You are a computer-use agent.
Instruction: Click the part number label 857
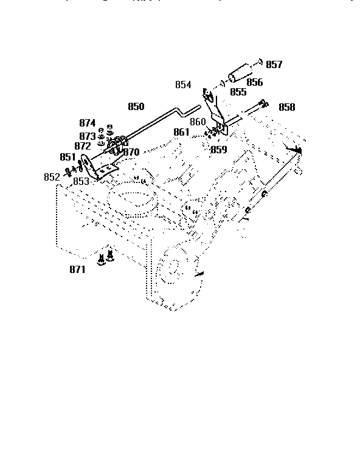click(x=274, y=64)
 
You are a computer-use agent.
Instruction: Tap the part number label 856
click(x=255, y=82)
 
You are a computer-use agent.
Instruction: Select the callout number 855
click(x=238, y=92)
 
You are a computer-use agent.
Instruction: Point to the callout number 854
click(x=183, y=85)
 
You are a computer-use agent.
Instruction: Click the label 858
click(x=287, y=107)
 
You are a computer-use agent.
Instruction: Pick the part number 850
click(x=136, y=106)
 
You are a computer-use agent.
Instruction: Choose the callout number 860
click(x=198, y=122)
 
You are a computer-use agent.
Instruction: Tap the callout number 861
click(x=181, y=132)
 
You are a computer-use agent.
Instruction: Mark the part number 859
click(x=218, y=149)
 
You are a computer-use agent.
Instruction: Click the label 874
click(x=88, y=123)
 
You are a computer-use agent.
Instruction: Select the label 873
click(x=87, y=136)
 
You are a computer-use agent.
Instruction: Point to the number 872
click(x=83, y=146)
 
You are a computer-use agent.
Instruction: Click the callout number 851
click(x=67, y=156)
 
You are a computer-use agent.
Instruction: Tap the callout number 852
click(x=52, y=176)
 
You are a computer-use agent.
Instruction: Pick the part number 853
click(x=81, y=181)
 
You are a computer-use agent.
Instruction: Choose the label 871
click(x=77, y=269)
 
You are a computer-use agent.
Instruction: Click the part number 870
click(x=131, y=152)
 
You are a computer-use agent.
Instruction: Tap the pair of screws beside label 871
click(x=106, y=258)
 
